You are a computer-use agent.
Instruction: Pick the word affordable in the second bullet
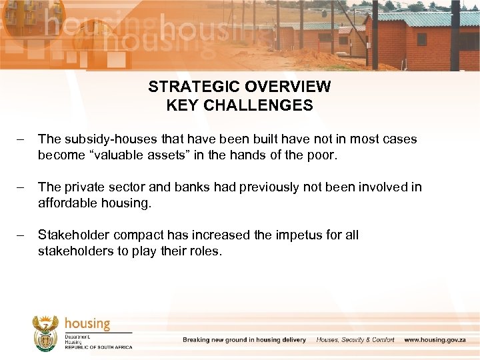(x=66, y=203)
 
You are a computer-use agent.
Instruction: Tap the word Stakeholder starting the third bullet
(x=74, y=235)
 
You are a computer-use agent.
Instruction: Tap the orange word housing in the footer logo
(x=87, y=323)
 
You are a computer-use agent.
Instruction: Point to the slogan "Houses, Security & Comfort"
(x=355, y=340)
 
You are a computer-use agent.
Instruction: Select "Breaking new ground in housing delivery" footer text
(x=245, y=340)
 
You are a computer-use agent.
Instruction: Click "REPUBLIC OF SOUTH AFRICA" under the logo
(x=98, y=347)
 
